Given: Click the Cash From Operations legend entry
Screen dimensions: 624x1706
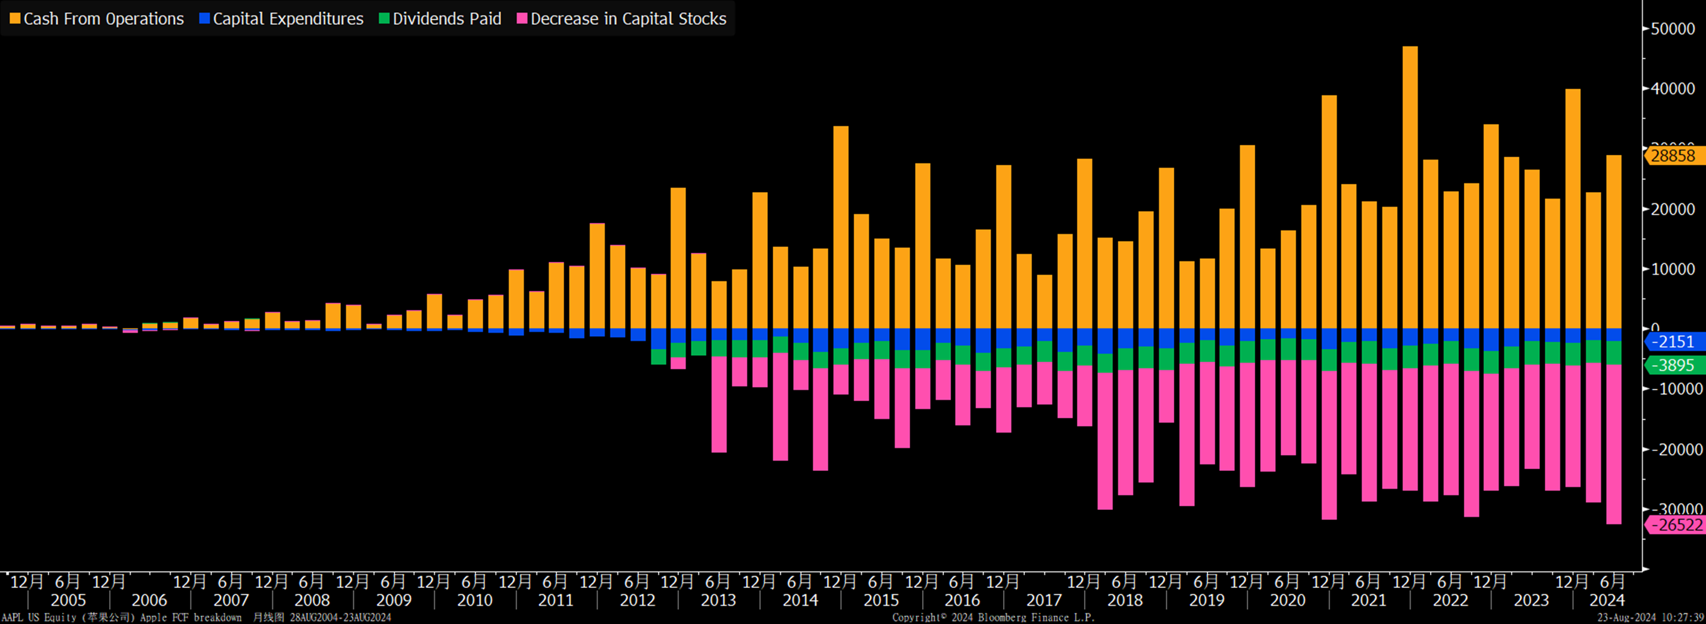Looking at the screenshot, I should point(97,18).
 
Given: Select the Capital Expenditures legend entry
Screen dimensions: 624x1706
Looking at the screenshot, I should point(281,18).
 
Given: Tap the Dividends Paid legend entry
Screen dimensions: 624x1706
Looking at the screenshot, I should point(441,18).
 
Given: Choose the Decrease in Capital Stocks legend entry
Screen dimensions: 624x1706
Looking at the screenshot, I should point(622,18).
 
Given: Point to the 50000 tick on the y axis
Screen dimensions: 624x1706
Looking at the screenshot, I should point(1673,29).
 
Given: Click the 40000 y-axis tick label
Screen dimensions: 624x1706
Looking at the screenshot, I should point(1673,89).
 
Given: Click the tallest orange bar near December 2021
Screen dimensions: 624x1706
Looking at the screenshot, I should point(1410,186).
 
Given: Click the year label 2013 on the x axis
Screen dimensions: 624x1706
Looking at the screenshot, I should point(718,600).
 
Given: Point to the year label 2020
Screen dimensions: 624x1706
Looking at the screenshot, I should point(1287,600).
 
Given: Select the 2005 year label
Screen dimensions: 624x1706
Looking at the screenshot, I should point(68,600).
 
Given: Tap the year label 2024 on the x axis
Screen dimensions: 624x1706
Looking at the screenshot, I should point(1607,600).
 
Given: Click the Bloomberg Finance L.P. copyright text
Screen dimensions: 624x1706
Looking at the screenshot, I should point(993,617).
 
